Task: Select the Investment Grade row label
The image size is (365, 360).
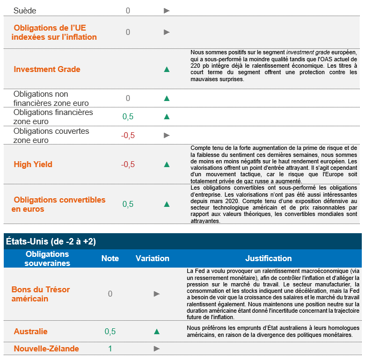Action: click(47, 69)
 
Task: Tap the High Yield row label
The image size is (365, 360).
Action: click(33, 164)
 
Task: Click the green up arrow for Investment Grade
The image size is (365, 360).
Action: click(167, 69)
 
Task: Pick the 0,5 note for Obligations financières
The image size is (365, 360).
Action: click(128, 117)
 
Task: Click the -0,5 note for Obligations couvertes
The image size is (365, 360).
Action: click(128, 135)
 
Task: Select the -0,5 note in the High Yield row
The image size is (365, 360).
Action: click(128, 164)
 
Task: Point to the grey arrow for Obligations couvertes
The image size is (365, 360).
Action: click(167, 135)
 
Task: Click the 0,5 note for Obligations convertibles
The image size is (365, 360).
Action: click(128, 204)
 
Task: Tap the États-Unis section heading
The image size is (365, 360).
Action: click(50, 242)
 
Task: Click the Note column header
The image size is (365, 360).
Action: click(110, 258)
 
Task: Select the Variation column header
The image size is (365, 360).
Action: click(152, 258)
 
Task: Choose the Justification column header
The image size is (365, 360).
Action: click(268, 258)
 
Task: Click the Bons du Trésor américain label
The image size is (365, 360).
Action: click(41, 294)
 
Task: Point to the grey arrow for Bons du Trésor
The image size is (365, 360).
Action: click(157, 294)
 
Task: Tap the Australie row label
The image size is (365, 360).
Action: click(31, 332)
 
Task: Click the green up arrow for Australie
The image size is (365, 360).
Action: click(157, 332)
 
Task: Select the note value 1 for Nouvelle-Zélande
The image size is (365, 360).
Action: click(110, 349)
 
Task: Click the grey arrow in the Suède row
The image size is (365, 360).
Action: click(167, 10)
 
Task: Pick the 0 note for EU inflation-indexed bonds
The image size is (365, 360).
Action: click(128, 32)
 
